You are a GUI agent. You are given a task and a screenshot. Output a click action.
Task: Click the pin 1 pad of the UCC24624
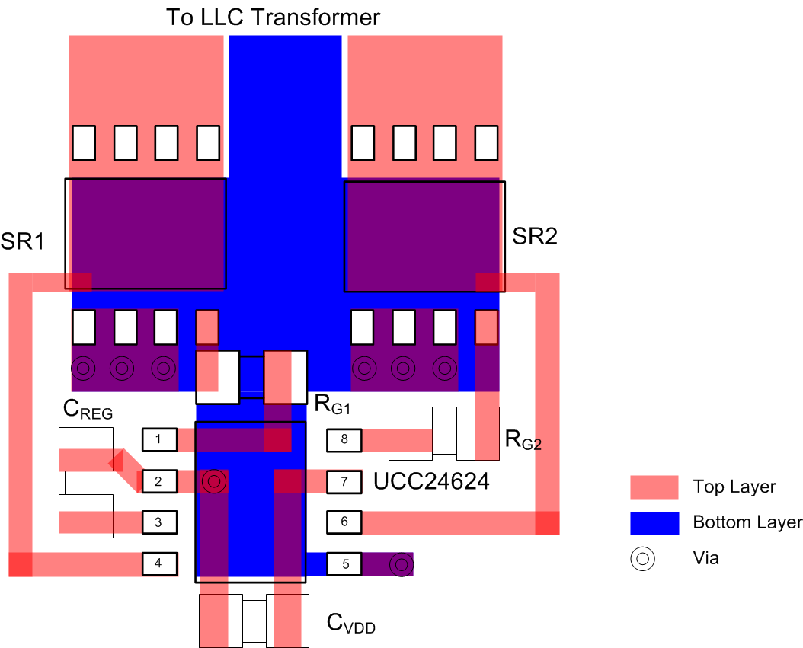click(x=159, y=439)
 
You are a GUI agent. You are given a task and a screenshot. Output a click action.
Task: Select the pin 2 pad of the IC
click(x=159, y=481)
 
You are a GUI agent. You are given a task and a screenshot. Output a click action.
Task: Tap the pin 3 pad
click(x=159, y=522)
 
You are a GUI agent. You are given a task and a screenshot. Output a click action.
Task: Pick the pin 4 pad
click(x=159, y=563)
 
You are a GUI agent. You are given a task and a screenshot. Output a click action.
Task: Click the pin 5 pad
click(x=345, y=564)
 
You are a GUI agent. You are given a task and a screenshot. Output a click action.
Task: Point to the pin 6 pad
click(x=345, y=522)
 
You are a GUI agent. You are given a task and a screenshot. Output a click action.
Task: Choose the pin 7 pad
click(x=345, y=481)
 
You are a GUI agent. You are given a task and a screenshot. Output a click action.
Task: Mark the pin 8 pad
click(x=345, y=439)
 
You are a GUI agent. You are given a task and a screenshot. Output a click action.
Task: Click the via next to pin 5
click(x=401, y=565)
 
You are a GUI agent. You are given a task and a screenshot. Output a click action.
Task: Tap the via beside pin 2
click(x=214, y=481)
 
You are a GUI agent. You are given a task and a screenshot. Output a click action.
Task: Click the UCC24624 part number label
click(x=431, y=482)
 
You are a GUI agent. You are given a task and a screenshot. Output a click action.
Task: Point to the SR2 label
click(x=534, y=237)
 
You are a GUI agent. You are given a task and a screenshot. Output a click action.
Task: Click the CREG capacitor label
click(x=87, y=410)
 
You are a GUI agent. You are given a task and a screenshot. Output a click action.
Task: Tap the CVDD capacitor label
click(x=350, y=624)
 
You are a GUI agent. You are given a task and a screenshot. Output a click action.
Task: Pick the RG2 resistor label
click(x=523, y=440)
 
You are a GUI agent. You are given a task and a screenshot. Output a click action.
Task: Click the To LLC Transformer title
click(x=274, y=17)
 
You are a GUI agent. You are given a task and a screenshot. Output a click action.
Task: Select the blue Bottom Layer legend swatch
click(x=654, y=522)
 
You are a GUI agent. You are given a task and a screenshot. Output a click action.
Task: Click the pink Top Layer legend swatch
click(x=654, y=487)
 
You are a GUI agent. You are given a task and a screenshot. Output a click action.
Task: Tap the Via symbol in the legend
click(x=642, y=558)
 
